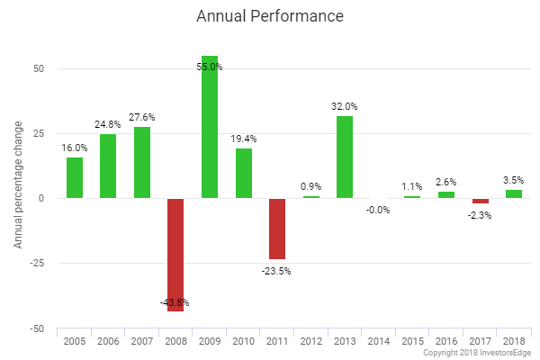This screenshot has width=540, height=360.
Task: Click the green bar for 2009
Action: point(209,127)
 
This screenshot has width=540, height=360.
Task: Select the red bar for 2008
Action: point(175,255)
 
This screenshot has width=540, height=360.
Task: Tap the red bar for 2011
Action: point(276,229)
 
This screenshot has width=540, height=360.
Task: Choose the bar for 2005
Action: point(74,178)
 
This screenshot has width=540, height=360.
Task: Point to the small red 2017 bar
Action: point(480,201)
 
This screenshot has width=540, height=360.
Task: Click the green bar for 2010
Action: point(243,173)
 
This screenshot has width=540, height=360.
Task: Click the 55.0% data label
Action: point(209,67)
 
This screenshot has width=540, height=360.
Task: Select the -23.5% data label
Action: point(276,270)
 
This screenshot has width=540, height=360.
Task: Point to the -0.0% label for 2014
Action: point(378,210)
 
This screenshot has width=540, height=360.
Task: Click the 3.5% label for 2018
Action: point(513,180)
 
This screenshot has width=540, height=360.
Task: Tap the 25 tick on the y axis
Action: point(40,133)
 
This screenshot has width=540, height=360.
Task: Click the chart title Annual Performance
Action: point(269,17)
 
